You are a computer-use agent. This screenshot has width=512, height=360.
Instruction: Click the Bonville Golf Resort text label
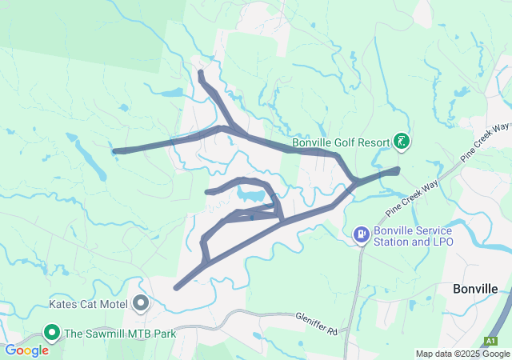tap(340, 142)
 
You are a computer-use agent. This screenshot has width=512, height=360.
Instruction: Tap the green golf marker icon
tap(402, 142)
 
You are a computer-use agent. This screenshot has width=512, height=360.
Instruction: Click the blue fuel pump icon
tap(362, 234)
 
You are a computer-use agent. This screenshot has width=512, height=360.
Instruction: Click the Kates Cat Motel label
tap(90, 304)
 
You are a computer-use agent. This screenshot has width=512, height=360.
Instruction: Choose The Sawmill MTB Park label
tap(120, 333)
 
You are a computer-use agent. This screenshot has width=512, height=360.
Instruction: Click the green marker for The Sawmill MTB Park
tap(53, 332)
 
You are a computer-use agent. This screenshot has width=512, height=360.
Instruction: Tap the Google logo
tap(26, 350)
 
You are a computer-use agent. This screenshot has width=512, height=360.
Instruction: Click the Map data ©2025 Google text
tap(462, 354)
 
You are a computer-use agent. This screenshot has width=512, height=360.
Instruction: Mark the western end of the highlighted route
tap(116, 150)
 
